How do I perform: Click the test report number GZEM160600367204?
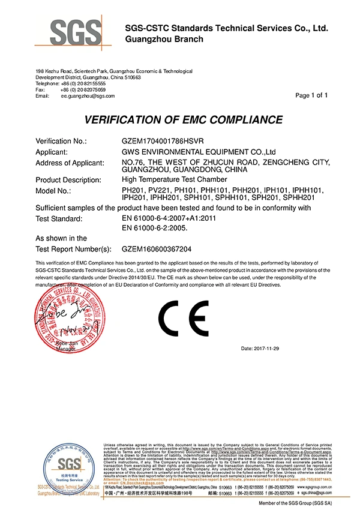156,248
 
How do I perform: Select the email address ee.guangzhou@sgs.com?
88,95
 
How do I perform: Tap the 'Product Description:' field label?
69,179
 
